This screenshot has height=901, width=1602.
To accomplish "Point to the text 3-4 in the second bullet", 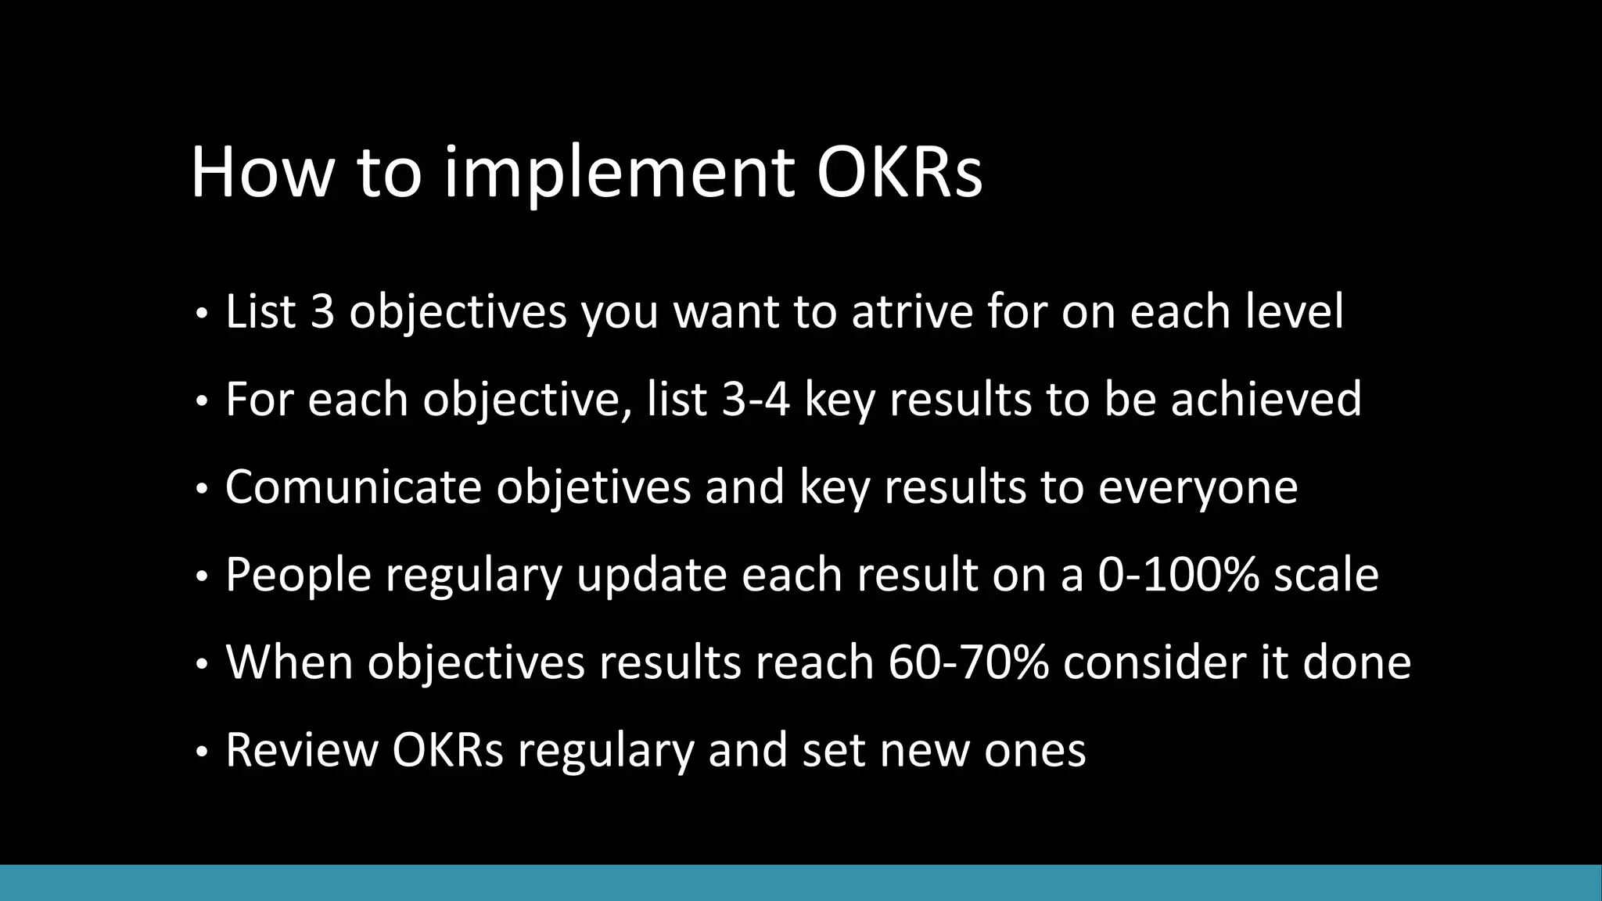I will tap(756, 399).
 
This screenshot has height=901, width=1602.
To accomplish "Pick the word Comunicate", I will tap(353, 486).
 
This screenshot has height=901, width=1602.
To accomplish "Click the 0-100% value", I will tap(1178, 575).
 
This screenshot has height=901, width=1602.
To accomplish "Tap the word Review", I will tap(301, 750).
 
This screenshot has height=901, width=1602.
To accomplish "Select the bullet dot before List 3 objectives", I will tap(202, 314).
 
